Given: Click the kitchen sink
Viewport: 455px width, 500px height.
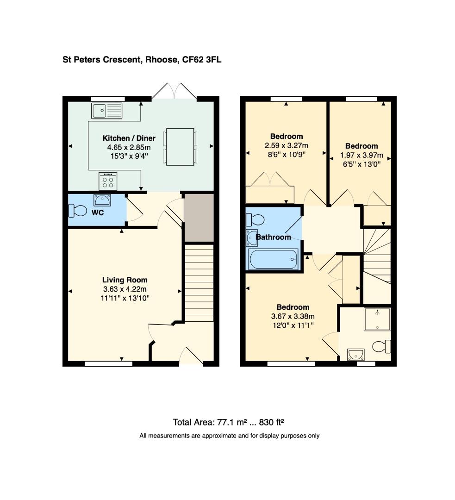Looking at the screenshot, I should pos(107,111).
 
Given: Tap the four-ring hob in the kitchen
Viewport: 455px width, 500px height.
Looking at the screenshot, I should pos(108,181).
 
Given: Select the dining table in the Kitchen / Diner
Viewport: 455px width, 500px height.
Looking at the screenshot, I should pos(181,147).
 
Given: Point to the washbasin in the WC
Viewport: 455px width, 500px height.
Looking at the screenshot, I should pos(102,200).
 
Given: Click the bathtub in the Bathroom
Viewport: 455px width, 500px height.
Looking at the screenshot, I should pos(273,259).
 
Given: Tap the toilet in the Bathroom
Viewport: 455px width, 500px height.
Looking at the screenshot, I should pos(255,219).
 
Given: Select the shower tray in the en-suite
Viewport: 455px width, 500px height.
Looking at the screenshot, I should pos(377,319).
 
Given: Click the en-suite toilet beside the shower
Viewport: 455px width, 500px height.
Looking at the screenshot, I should pos(383,346).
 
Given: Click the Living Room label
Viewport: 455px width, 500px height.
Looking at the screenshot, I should pos(125,280).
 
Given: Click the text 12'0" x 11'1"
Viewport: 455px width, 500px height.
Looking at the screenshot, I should pos(293,325).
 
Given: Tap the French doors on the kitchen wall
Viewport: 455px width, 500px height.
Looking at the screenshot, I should pos(174,91).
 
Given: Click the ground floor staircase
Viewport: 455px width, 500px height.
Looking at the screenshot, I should pos(199,283).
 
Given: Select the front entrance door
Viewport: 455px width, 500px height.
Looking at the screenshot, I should pos(191,357).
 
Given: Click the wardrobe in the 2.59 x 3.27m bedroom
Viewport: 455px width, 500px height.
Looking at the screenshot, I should pos(270,194).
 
